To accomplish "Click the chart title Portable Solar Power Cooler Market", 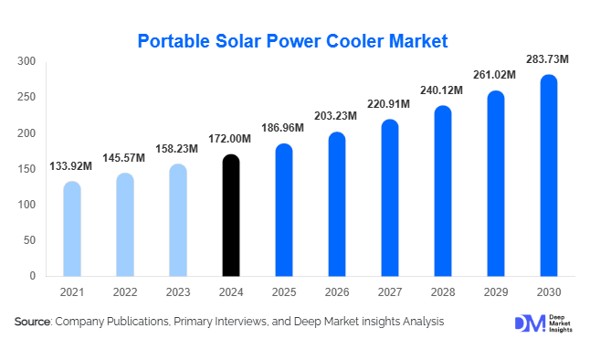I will [x=295, y=40].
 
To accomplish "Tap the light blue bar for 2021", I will [x=72, y=228].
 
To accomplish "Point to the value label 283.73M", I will [x=548, y=59].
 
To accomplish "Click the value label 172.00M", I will [x=231, y=139].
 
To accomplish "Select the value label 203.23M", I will [x=337, y=117].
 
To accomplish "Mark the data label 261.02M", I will [x=496, y=75].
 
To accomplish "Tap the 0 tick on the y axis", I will [x=32, y=276].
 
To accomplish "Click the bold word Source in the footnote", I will [x=33, y=322].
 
